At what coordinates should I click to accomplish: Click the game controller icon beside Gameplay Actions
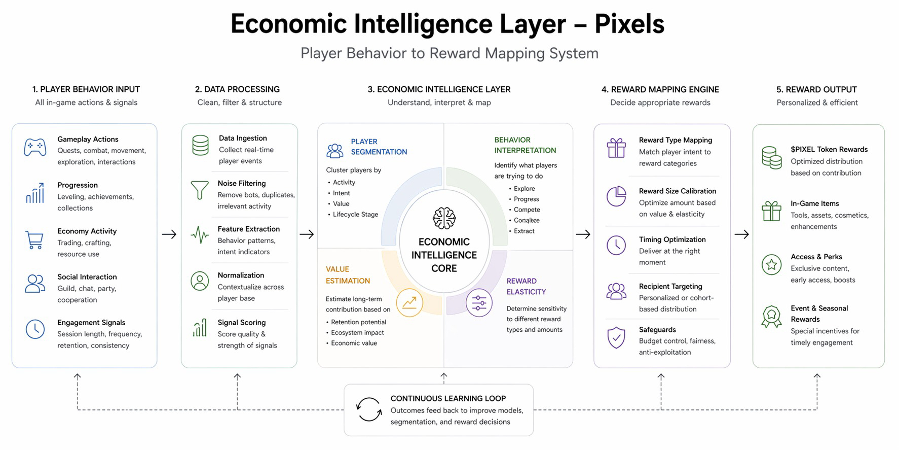(x=35, y=147)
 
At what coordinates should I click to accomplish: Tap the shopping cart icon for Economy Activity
(x=34, y=240)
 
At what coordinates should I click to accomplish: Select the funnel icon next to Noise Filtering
(x=200, y=190)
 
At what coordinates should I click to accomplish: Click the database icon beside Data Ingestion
(x=200, y=145)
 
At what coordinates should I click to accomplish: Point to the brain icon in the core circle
(x=444, y=218)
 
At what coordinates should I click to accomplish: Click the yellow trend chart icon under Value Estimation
(x=409, y=303)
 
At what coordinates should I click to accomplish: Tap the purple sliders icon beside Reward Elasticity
(x=479, y=303)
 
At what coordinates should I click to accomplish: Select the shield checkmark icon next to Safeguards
(x=616, y=337)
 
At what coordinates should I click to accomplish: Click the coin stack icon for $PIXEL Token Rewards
(x=771, y=158)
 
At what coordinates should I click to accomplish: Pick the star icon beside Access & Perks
(x=771, y=264)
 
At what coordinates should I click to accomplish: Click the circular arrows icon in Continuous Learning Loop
(x=368, y=409)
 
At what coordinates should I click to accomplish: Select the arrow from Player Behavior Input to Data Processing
(x=169, y=234)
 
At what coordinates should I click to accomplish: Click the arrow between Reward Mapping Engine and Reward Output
(x=741, y=234)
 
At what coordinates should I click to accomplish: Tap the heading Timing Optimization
(x=672, y=239)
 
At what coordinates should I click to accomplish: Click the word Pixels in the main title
(x=629, y=24)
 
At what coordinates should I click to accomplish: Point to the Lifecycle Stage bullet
(x=355, y=214)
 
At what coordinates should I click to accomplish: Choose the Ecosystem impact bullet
(x=357, y=332)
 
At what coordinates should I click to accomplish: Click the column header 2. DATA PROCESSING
(x=237, y=89)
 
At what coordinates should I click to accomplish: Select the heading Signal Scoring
(x=241, y=322)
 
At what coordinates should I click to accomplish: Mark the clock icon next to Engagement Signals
(x=35, y=329)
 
